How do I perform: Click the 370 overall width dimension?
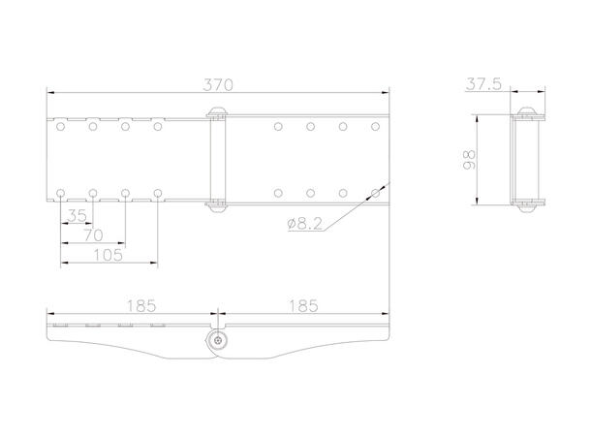(218, 84)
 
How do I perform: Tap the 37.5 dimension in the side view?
(482, 84)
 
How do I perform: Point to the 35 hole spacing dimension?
(77, 213)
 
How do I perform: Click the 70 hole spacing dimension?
(92, 234)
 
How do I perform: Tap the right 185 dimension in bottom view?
(303, 306)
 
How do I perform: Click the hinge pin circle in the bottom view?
(218, 340)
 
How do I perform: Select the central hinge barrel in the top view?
(217, 159)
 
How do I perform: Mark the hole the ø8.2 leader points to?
(376, 193)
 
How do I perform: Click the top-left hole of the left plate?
(62, 126)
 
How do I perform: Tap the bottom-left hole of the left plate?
(62, 193)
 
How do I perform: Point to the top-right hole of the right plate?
(376, 126)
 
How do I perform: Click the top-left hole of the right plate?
(278, 126)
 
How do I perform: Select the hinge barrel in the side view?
(528, 159)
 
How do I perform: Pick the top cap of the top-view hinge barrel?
(217, 111)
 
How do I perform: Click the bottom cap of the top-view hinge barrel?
(217, 205)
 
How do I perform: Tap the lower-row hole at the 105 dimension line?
(157, 193)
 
